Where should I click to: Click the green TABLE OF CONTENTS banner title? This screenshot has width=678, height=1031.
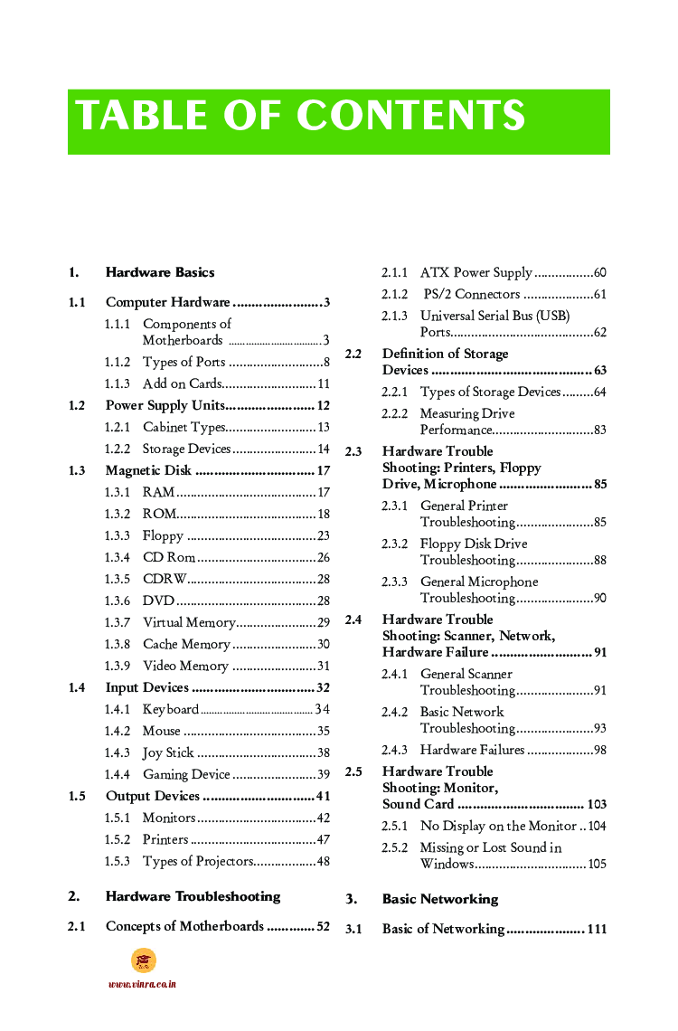tap(300, 117)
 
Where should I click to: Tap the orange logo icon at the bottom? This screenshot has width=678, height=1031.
tap(143, 960)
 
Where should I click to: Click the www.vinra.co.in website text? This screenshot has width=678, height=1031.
tap(142, 984)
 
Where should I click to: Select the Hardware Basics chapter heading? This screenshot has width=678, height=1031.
tap(160, 272)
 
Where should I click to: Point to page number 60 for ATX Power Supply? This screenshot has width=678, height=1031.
tap(599, 273)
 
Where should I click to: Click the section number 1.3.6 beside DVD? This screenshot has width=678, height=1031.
tap(117, 601)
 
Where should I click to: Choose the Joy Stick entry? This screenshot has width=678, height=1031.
tap(168, 752)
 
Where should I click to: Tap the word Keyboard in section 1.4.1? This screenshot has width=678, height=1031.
tap(170, 709)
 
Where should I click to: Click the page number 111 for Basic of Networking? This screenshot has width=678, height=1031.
tap(596, 930)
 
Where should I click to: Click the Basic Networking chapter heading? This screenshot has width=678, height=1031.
tap(440, 899)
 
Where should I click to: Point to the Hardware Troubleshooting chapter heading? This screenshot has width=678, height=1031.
tap(193, 897)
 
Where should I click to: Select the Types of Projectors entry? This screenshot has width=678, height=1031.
tap(198, 861)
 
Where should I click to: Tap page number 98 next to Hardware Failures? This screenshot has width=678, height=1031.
tap(599, 750)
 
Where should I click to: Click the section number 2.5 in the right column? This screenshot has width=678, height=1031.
tap(353, 772)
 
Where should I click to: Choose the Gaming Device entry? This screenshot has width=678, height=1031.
tap(186, 774)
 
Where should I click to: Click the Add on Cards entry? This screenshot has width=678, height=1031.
tap(182, 383)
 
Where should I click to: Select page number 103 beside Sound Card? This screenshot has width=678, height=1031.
tap(596, 805)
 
